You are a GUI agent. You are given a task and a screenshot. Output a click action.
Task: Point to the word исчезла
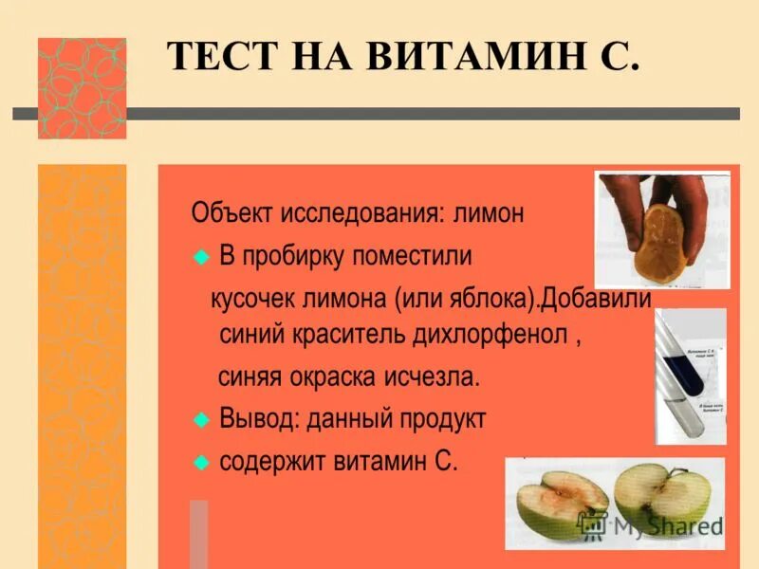[433, 376]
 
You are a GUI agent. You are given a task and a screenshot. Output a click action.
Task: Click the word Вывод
[259, 418]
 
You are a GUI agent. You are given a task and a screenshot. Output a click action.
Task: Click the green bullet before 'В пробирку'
[200, 258]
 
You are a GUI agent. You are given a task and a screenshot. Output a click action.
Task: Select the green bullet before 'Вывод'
[200, 419]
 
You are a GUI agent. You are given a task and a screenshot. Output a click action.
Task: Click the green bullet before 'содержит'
[200, 463]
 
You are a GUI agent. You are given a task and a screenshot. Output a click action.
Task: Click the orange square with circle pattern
[82, 88]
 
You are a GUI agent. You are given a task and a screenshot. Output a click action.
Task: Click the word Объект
[231, 213]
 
